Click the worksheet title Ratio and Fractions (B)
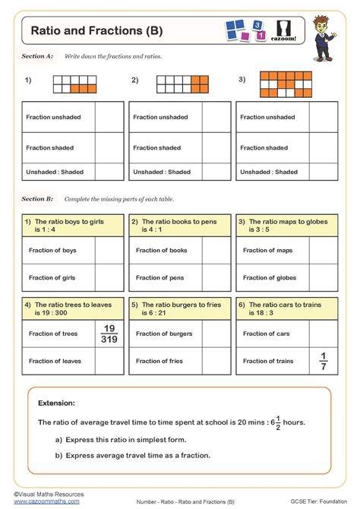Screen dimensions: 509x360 point(96,31)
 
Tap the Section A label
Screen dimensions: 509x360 point(37,56)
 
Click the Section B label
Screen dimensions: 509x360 point(37,198)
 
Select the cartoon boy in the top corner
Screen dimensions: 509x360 point(330,34)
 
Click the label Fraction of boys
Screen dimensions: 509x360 point(52,250)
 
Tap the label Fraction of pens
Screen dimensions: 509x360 point(160,278)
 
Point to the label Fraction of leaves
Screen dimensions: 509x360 point(55,361)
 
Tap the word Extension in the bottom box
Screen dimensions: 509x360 point(56,403)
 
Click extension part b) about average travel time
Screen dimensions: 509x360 point(132,455)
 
